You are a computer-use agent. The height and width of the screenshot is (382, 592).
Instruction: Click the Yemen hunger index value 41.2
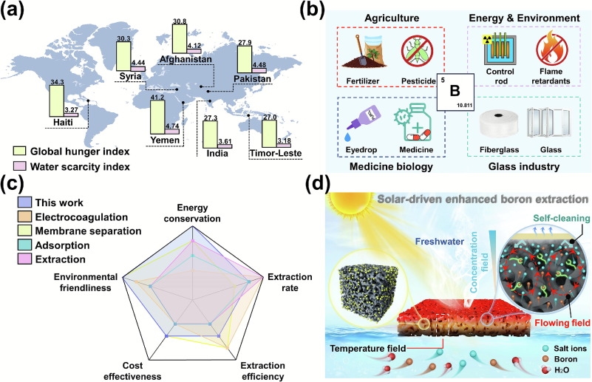[x=157, y=98]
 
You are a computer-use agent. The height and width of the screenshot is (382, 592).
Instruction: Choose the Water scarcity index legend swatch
[x=18, y=166]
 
